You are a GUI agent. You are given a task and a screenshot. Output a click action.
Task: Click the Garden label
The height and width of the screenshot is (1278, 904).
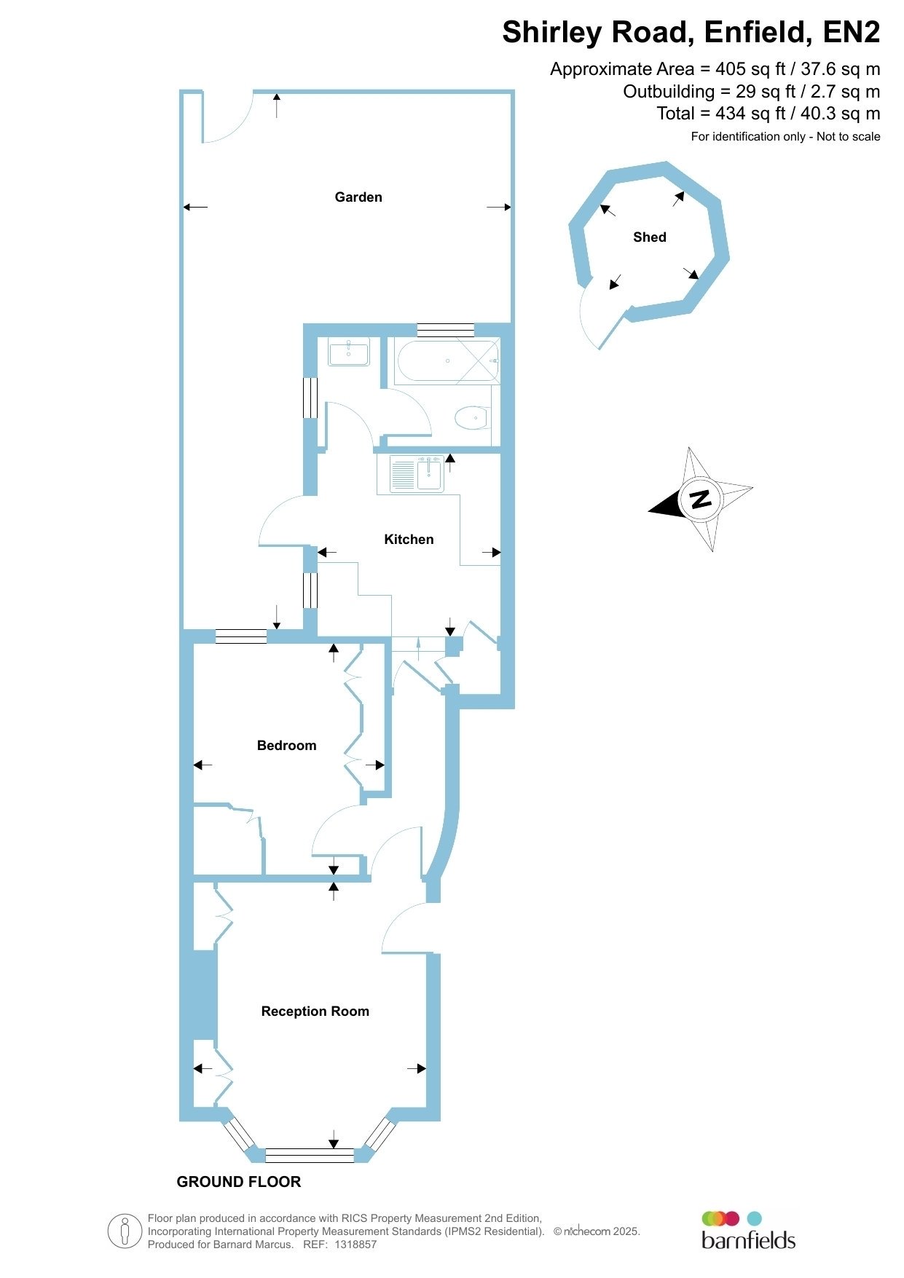point(358,197)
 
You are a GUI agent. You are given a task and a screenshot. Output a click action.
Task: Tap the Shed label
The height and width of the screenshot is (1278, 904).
point(650,237)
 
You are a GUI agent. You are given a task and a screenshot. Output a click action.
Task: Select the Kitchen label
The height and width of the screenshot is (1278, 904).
point(409,540)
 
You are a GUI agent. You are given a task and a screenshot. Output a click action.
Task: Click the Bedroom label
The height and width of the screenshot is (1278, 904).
point(287,746)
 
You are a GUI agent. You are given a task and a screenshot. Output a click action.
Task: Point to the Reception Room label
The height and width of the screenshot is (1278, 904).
point(315,1011)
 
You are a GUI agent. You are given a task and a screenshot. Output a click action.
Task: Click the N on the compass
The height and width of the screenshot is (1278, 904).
point(701,500)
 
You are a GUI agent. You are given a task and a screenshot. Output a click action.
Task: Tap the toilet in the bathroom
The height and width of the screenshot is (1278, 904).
point(472,418)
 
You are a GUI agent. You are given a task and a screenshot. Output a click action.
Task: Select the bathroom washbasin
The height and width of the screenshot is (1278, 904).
point(349,352)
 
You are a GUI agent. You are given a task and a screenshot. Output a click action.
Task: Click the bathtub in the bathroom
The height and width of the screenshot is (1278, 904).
point(447,360)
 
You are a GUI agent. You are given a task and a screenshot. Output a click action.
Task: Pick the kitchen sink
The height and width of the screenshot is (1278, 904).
point(417,474)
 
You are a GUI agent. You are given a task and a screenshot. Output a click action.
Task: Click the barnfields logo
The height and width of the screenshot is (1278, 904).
point(748,1230)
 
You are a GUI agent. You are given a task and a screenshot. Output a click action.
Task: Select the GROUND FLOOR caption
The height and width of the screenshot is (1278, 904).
point(239,1182)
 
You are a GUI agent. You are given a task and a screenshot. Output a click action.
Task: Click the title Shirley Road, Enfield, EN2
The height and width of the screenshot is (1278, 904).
point(691,33)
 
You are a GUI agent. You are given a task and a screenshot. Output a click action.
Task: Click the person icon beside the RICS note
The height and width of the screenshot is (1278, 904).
point(125,1231)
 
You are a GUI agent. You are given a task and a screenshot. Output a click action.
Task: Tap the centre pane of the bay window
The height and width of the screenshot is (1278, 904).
point(310,1155)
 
